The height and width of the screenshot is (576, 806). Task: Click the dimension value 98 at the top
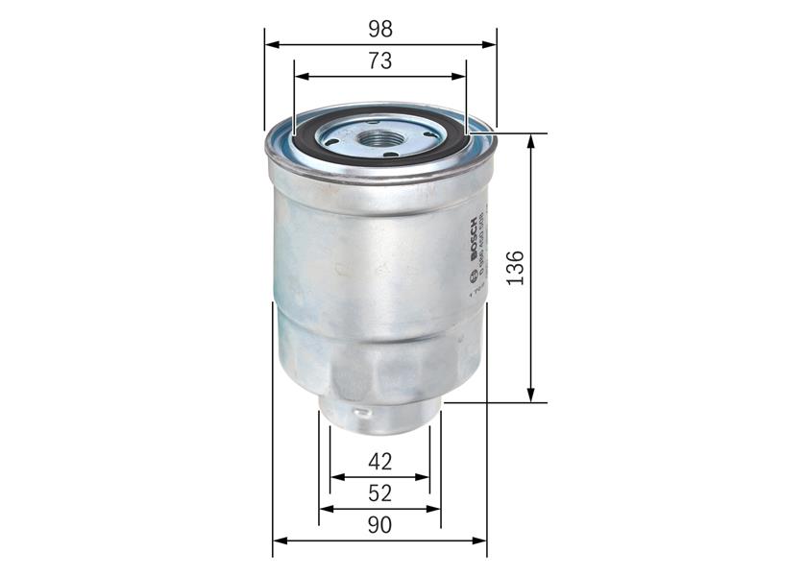[x=380, y=29]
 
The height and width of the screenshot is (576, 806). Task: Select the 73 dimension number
[x=380, y=61]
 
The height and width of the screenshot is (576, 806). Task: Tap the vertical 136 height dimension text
[x=515, y=269]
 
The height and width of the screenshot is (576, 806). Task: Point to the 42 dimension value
[x=380, y=462]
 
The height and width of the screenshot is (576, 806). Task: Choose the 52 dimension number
[x=380, y=493]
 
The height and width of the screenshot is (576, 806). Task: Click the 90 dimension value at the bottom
[x=380, y=525]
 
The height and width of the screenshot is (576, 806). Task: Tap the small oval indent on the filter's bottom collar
[x=360, y=416]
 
